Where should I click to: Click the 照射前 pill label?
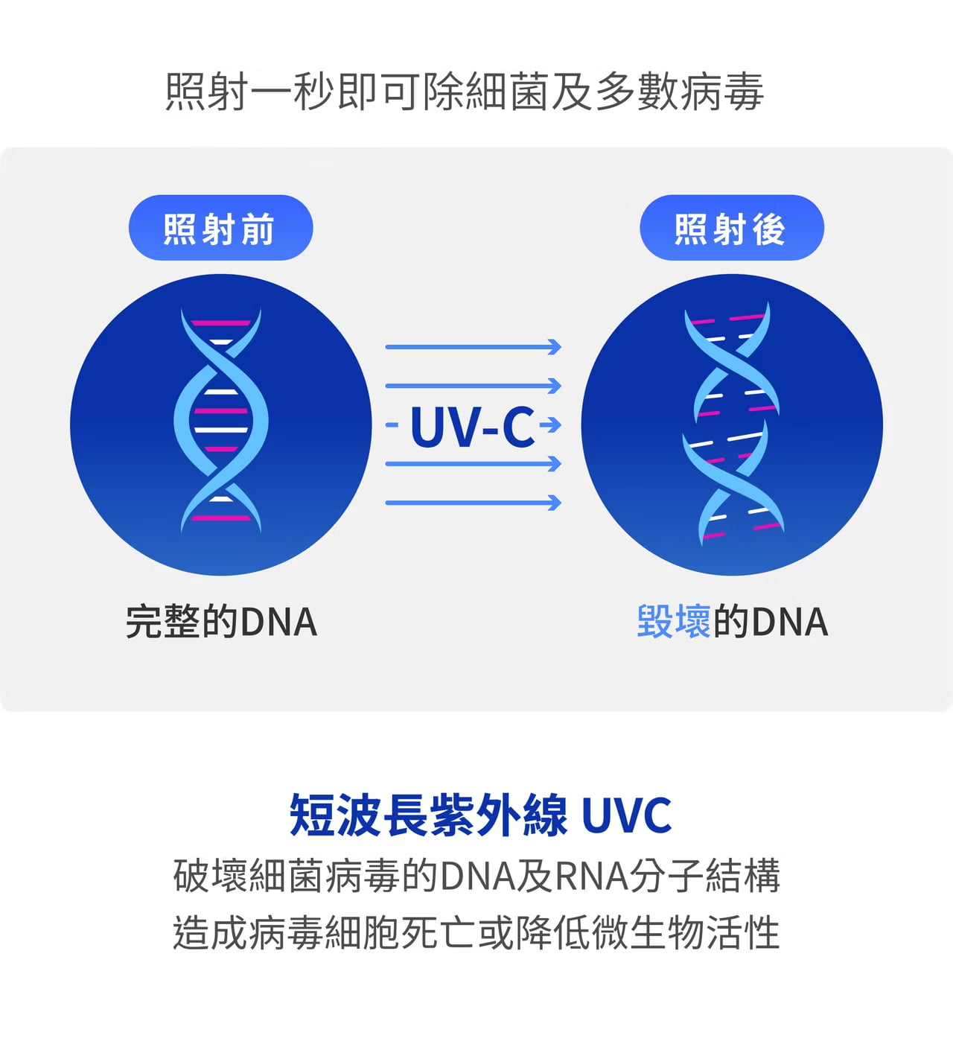[x=220, y=228]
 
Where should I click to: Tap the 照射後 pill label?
[x=731, y=228]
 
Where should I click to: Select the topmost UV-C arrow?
[x=473, y=347]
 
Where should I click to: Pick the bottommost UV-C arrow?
[x=473, y=503]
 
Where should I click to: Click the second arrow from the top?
[x=473, y=386]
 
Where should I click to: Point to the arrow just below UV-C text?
[x=473, y=465]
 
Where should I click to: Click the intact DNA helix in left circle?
[x=220, y=421]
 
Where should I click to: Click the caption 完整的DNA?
[x=221, y=622]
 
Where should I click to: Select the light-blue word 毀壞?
[x=674, y=621]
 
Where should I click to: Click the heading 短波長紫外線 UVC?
[x=480, y=815]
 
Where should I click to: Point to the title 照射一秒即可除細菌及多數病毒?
[x=465, y=92]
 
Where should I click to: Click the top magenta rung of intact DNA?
[x=221, y=323]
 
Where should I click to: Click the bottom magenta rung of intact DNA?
[x=221, y=518]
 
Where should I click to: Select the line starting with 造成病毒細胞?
[x=476, y=933]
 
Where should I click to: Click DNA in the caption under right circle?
[x=790, y=622]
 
